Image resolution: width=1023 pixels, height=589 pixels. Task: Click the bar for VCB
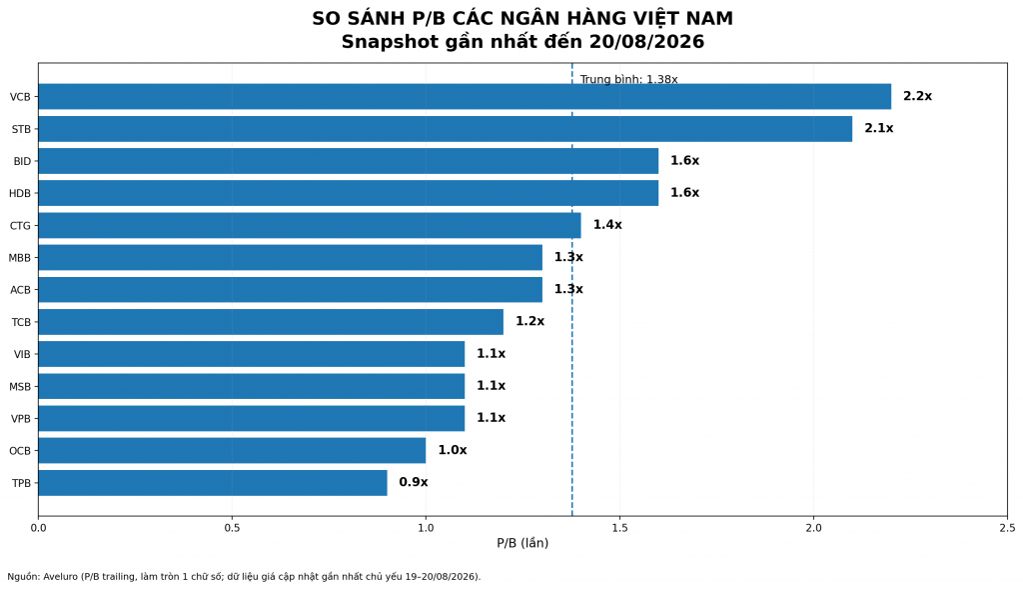click(x=465, y=97)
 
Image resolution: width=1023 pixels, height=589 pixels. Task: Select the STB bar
click(x=445, y=129)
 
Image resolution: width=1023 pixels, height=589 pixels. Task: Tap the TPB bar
click(x=213, y=483)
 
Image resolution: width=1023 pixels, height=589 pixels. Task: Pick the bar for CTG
click(x=310, y=225)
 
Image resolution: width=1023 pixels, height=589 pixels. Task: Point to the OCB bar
click(x=232, y=451)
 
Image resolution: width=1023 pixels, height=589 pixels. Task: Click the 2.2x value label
click(x=917, y=96)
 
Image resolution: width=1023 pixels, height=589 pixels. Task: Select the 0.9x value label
click(x=414, y=482)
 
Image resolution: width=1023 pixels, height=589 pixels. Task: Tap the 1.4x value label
click(x=607, y=225)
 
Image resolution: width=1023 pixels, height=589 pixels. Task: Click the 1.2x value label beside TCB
click(x=529, y=321)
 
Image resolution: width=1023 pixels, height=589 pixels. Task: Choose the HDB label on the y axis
click(x=20, y=193)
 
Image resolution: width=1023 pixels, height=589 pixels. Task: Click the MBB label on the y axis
click(x=20, y=258)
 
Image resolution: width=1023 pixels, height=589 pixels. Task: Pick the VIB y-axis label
click(x=22, y=355)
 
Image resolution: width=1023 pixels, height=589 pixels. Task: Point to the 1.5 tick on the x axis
click(x=619, y=528)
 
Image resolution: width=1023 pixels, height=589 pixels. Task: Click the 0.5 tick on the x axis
click(x=232, y=528)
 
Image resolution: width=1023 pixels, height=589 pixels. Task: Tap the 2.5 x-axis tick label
click(x=1007, y=528)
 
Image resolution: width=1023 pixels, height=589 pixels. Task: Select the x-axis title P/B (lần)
click(x=522, y=543)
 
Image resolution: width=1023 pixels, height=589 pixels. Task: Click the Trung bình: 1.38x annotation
click(x=629, y=80)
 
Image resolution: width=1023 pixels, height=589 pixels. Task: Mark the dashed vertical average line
click(x=572, y=289)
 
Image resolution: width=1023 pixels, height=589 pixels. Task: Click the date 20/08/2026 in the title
click(x=646, y=42)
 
